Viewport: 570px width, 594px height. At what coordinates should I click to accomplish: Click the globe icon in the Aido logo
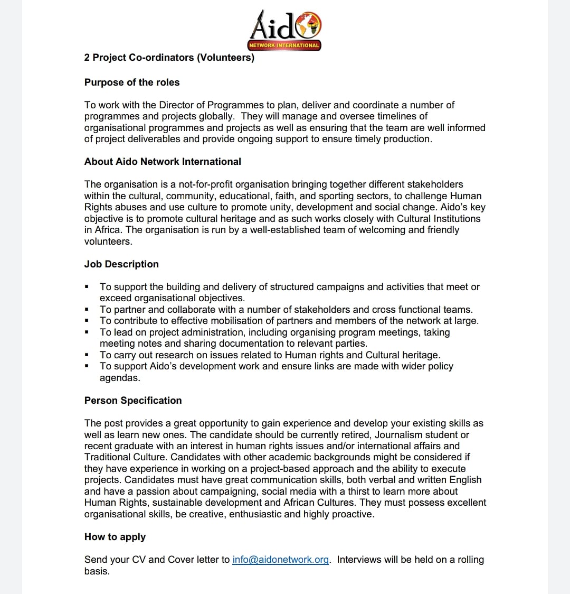pyautogui.click(x=309, y=25)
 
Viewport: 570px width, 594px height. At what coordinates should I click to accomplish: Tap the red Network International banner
pyautogui.click(x=284, y=45)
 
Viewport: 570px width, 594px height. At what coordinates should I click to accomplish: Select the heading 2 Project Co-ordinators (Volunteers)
pyautogui.click(x=169, y=58)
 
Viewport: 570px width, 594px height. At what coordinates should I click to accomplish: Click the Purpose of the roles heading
pyautogui.click(x=132, y=82)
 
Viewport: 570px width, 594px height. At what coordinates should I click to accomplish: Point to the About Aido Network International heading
pyautogui.click(x=163, y=162)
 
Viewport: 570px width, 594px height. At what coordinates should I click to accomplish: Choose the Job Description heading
pyautogui.click(x=121, y=264)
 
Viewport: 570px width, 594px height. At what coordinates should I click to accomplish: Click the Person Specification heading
pyautogui.click(x=133, y=401)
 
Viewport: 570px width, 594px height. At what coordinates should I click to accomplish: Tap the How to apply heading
pyautogui.click(x=115, y=537)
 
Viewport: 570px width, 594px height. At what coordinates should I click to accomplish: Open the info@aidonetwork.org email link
pyautogui.click(x=281, y=560)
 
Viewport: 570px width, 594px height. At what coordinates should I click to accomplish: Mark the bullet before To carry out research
pyautogui.click(x=86, y=355)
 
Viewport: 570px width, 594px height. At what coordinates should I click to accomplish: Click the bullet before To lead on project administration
pyautogui.click(x=86, y=332)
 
